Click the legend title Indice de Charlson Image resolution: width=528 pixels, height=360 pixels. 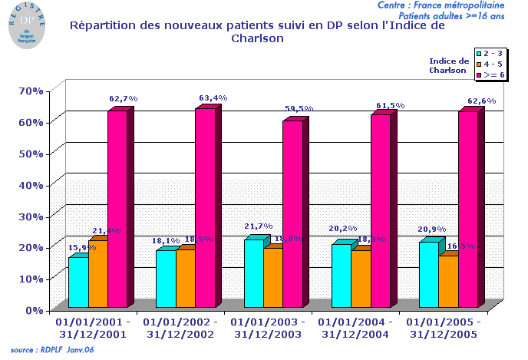coord(449,65)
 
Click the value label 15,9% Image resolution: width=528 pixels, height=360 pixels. coord(82,247)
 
